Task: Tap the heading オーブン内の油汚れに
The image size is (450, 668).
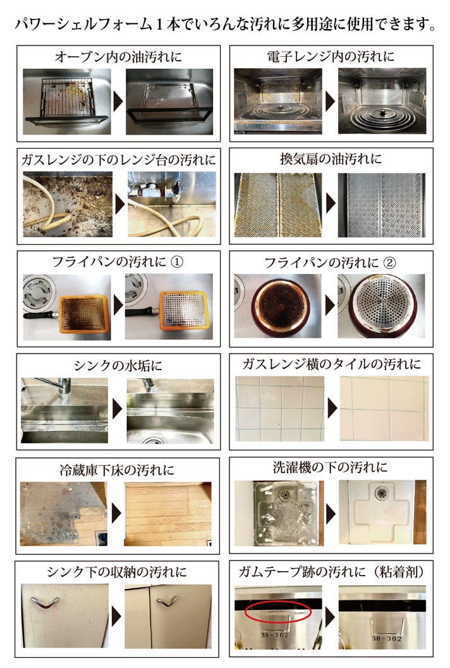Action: (118, 57)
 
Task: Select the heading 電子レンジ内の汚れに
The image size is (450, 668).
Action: (331, 56)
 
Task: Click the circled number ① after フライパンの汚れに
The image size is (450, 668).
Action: (177, 262)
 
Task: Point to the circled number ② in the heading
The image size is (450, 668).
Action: (389, 263)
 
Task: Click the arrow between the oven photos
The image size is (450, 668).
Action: (118, 102)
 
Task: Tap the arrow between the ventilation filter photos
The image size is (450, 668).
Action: (331, 204)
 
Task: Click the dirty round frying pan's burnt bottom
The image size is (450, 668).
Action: (281, 306)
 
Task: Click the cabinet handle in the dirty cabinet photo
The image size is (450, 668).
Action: (45, 602)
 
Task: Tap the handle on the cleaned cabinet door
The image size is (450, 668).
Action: (167, 601)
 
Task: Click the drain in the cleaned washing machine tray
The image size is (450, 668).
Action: (382, 493)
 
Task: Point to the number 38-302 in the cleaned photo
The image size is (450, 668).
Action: (386, 638)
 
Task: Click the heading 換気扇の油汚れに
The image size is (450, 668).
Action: (331, 159)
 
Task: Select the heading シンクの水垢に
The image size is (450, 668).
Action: (118, 365)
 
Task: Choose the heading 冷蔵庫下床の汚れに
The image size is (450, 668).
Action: (117, 470)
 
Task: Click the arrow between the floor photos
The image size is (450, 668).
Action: (117, 513)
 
